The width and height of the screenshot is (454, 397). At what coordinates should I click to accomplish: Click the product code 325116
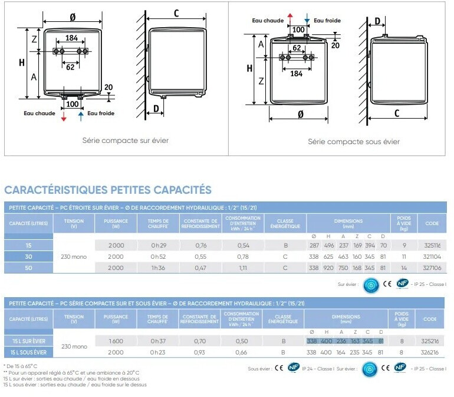coord(432,245)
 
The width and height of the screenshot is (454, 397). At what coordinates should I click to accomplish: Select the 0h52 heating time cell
coord(157,256)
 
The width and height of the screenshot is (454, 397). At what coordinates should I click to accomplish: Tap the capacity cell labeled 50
coord(28,268)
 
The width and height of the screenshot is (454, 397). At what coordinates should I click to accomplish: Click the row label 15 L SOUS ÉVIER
coord(29,352)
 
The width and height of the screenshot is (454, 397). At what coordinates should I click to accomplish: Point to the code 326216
coord(431,352)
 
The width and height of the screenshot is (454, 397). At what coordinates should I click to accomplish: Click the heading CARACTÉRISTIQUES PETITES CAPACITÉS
coord(108,190)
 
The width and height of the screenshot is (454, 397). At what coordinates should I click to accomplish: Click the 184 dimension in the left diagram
coord(71,38)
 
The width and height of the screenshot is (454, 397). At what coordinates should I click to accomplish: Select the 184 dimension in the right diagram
coord(296,74)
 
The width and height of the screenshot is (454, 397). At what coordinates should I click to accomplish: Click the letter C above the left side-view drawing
coord(176,14)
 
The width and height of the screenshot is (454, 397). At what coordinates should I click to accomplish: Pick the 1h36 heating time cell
coord(157,268)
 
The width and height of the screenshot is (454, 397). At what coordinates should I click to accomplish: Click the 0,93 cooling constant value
coord(200,352)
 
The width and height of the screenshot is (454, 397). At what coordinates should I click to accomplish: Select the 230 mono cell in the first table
coord(74,256)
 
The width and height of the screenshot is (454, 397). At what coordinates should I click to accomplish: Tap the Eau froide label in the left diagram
coord(101,113)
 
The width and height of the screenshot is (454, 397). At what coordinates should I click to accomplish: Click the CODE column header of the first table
coord(432,224)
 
